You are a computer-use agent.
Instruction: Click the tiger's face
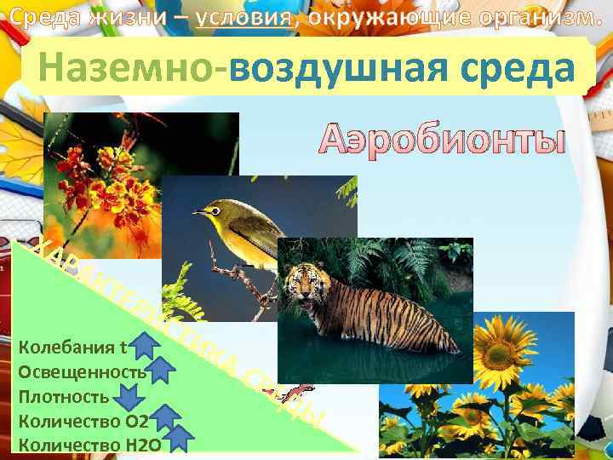(x=303, y=285)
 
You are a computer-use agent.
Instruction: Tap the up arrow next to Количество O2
(x=167, y=417)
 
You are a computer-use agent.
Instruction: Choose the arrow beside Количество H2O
(x=180, y=438)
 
